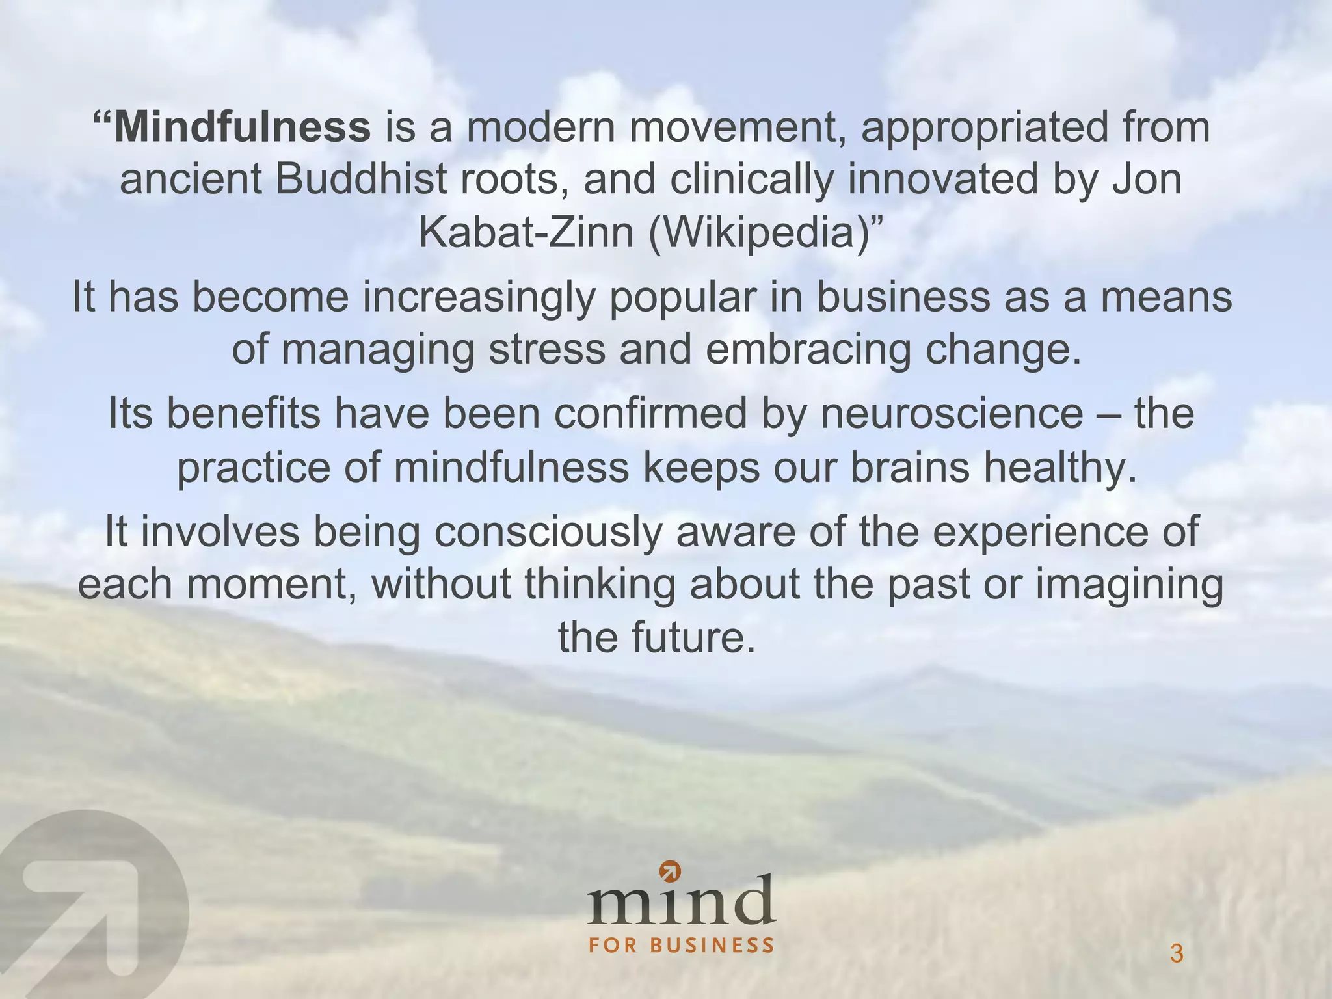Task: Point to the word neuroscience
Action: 951,414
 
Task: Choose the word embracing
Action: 808,349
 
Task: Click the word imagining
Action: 1129,585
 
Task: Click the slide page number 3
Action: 1176,954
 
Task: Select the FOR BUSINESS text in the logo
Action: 682,945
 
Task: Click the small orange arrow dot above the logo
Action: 669,870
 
